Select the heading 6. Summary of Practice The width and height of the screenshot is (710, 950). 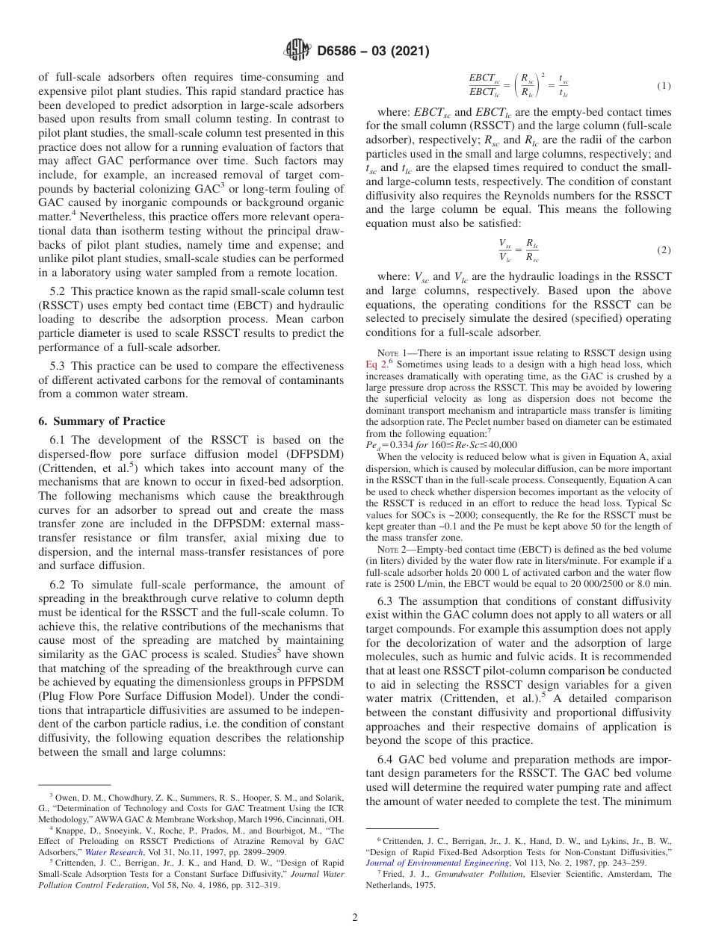click(102, 420)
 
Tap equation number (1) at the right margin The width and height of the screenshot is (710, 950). click(663, 86)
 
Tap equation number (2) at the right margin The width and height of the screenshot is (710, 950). click(663, 249)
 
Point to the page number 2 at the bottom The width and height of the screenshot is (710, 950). click(355, 918)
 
